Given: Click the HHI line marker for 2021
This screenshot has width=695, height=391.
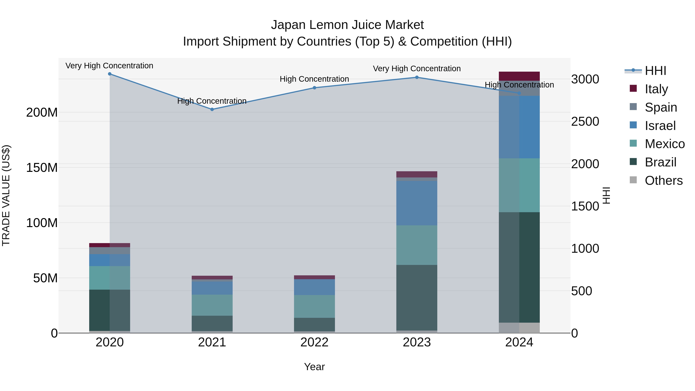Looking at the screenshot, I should [212, 109].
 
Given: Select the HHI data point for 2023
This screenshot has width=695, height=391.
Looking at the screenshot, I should [417, 77].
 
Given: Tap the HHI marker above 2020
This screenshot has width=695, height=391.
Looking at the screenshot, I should [109, 74].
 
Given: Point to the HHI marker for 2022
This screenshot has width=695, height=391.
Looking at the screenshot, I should [314, 88].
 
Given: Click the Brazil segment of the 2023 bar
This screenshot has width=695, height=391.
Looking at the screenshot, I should [417, 297].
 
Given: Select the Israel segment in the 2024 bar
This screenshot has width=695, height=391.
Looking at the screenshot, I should [519, 127].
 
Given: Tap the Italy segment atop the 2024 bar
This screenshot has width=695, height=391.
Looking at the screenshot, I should [519, 76].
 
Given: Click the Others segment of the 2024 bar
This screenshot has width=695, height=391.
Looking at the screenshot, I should [519, 328].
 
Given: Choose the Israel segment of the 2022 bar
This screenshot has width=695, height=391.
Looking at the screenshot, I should [314, 287].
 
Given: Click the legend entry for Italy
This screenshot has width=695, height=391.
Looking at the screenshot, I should [656, 89].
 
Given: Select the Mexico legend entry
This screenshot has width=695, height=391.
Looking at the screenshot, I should [664, 144].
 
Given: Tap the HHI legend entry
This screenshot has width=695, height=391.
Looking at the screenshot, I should [655, 71].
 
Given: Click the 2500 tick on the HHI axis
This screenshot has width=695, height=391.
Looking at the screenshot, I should [585, 121].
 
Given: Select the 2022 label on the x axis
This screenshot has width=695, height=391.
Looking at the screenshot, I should [314, 342].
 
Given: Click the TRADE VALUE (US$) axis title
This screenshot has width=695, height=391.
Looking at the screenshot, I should [6, 195].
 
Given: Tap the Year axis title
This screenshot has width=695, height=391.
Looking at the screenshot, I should [314, 367].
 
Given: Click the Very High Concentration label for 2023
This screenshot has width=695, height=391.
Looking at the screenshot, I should [417, 69].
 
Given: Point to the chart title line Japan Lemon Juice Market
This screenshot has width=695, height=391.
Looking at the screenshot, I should [347, 25].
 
